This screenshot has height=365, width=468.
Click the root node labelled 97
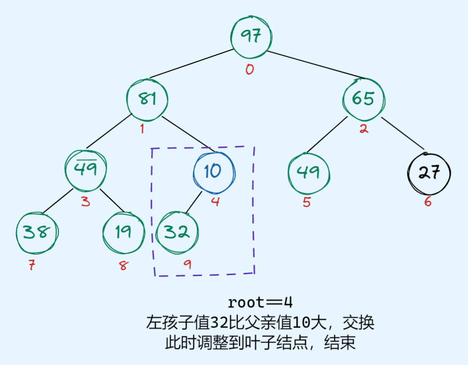[x=251, y=36]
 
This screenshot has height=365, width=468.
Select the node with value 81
[x=147, y=99]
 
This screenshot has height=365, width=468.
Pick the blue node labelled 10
[x=213, y=171]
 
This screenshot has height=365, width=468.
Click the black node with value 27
[x=429, y=173]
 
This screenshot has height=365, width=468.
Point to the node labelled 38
[x=37, y=233]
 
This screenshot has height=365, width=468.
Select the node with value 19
[x=124, y=233]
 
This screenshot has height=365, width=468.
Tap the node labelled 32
[x=176, y=233]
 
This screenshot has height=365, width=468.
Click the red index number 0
[x=249, y=70]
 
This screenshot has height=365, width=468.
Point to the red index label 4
[x=215, y=203]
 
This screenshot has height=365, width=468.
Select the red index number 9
[x=187, y=264]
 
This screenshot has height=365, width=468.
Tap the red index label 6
[x=428, y=202]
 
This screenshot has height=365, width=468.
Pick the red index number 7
[x=32, y=265]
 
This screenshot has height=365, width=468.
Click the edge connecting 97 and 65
[x=316, y=64]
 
